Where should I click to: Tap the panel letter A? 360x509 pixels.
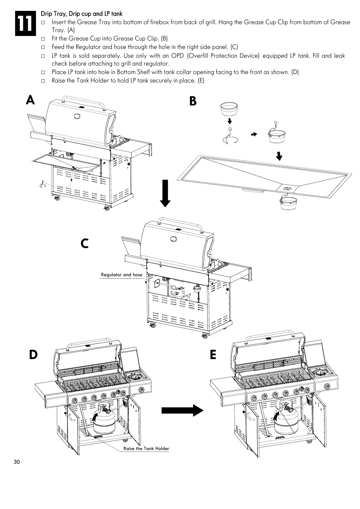[x=30, y=100]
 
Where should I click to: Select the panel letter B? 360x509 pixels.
[x=193, y=102]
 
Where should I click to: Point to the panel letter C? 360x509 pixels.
[x=85, y=243]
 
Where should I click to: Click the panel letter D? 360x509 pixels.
[x=33, y=355]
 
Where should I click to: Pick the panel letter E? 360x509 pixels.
[x=213, y=355]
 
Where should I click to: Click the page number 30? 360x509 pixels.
[x=17, y=462]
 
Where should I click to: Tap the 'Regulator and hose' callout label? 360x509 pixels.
[x=122, y=275]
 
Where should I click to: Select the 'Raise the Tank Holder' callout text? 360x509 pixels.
[x=146, y=449]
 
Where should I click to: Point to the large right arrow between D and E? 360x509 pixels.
[x=182, y=411]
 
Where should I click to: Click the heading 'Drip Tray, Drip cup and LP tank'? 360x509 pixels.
[x=82, y=14]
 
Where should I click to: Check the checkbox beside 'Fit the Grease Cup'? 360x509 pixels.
[x=43, y=39]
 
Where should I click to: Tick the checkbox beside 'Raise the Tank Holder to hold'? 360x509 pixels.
[x=43, y=81]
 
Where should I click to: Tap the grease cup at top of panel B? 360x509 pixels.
[x=229, y=109]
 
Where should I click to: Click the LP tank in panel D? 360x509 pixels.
[x=104, y=420]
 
